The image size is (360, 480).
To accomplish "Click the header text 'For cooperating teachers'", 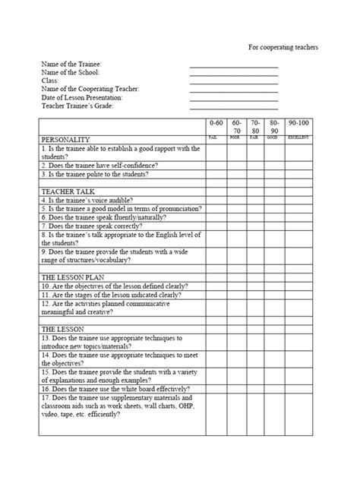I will (283, 47).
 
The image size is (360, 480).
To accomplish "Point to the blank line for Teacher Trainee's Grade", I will (234, 106).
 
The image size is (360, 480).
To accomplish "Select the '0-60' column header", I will (216, 122).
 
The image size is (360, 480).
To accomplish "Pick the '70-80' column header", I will (255, 126).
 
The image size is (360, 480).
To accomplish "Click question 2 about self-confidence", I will (99, 165).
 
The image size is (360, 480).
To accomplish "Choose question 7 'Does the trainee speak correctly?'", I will (96, 226).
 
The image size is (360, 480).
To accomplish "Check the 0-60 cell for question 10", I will (216, 286).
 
